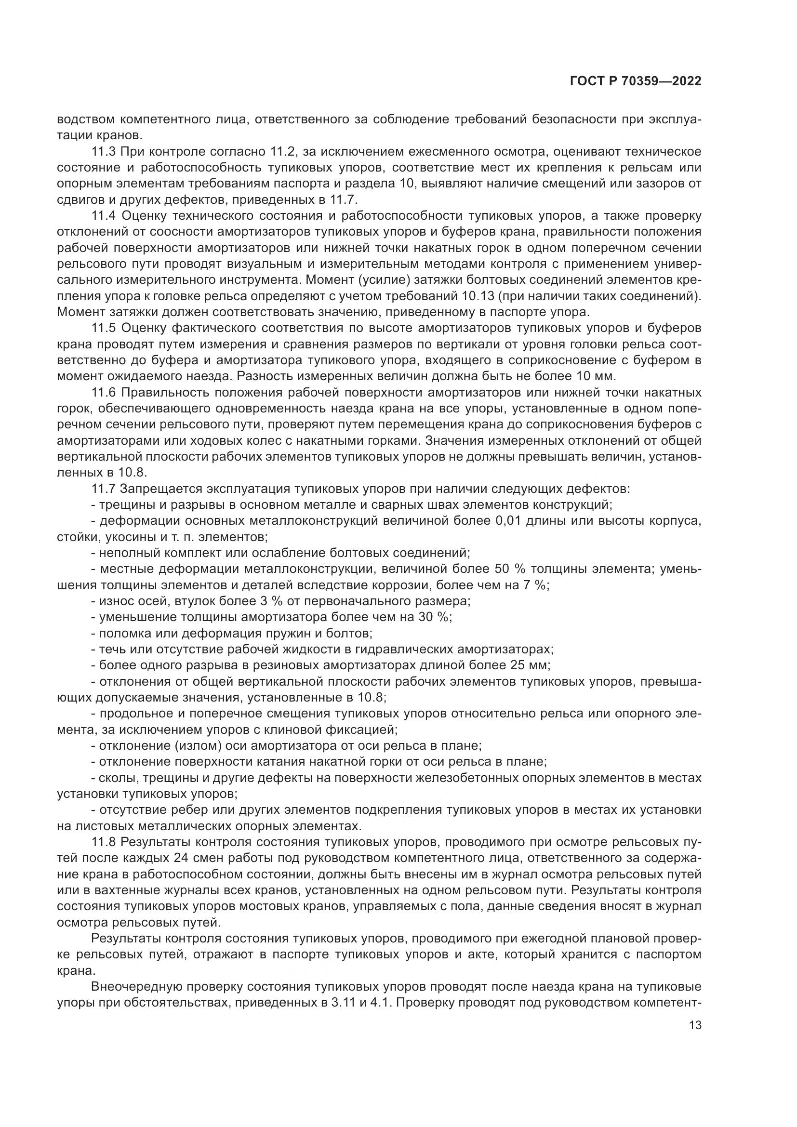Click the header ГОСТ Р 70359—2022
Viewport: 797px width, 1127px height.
coord(636,81)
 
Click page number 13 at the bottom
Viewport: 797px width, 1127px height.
coord(695,1025)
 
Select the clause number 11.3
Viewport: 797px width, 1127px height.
coord(104,151)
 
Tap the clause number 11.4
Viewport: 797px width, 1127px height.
coord(104,215)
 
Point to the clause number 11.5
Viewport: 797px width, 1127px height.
coord(104,328)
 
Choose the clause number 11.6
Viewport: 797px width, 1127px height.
coord(104,392)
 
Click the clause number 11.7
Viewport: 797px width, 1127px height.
coord(104,489)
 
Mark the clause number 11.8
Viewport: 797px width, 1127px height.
coord(104,842)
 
